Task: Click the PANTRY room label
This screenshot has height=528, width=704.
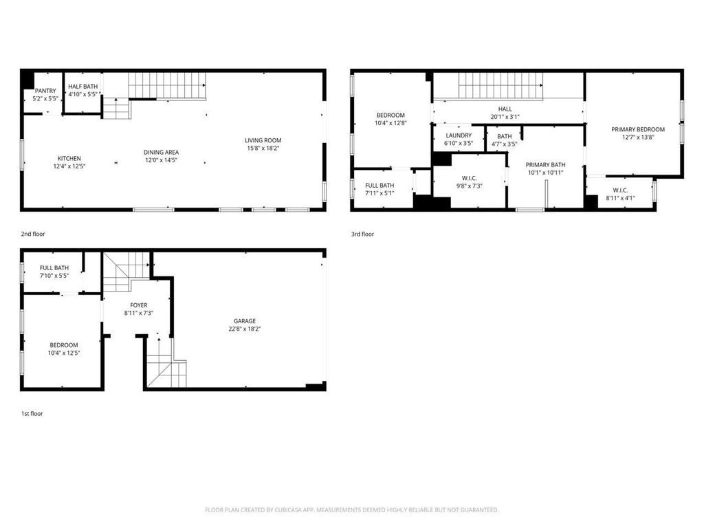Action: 45,91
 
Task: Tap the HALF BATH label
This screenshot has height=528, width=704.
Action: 83,86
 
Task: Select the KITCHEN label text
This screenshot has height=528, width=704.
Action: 69,159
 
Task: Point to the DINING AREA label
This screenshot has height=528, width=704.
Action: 161,152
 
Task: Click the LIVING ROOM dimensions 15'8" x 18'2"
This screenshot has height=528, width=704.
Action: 263,148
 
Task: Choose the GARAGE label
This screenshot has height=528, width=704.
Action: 245,321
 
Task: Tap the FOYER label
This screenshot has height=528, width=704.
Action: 139,305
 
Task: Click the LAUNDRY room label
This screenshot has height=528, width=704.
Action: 459,135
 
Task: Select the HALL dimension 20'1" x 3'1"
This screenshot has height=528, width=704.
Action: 505,117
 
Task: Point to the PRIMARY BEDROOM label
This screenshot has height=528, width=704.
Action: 638,129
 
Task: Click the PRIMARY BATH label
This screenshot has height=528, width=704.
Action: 545,165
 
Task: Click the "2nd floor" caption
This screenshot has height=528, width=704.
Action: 33,234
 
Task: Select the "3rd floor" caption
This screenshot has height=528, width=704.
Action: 362,234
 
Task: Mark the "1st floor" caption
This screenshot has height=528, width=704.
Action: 32,413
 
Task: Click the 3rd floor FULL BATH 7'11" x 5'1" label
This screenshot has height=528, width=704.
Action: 379,190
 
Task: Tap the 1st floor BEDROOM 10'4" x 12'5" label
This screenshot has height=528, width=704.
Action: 64,349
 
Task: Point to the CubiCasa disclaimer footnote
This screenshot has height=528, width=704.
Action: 351,510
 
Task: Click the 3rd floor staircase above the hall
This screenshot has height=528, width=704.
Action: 500,85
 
